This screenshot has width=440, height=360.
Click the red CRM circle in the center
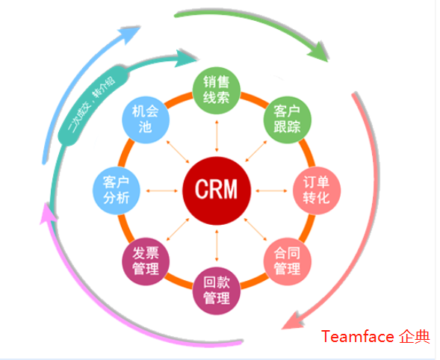click(216, 189)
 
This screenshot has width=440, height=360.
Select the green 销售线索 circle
click(217, 90)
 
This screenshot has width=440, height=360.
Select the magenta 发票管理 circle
click(146, 261)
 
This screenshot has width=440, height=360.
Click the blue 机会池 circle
click(145, 120)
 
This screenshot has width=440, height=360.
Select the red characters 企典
click(414, 337)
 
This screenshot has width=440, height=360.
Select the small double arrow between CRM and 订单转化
click(270, 190)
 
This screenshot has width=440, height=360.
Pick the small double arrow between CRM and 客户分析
click(162, 190)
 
